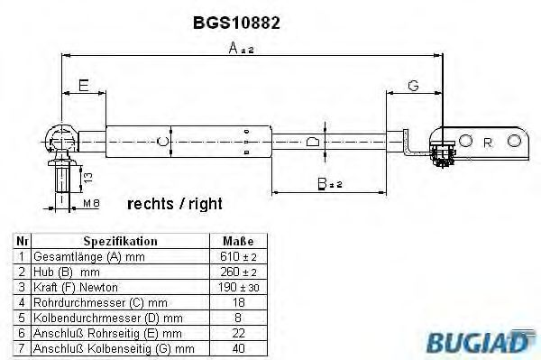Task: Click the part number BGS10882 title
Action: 236,23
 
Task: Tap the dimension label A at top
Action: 241,48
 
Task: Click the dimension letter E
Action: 84,85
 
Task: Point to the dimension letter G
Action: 413,85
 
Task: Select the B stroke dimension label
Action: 329,184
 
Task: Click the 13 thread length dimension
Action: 88,178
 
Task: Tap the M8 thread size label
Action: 91,203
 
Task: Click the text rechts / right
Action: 175,204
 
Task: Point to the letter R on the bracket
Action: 488,143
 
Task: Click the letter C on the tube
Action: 162,141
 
